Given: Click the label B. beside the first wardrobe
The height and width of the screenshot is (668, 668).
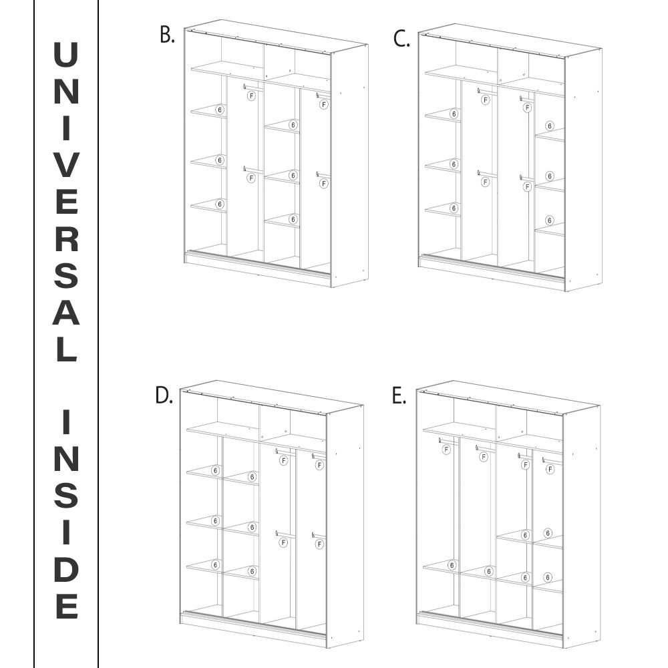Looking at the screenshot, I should [167, 35].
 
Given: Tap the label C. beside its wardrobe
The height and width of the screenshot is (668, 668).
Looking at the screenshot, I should [401, 39].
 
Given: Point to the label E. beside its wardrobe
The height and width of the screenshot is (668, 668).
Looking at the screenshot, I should [399, 395].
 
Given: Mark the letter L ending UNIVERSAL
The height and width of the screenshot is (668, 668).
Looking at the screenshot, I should [66, 349].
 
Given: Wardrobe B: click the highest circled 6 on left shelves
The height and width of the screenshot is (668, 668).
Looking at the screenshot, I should [219, 110].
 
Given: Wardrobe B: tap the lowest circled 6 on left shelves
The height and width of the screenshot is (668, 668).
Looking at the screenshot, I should [219, 203].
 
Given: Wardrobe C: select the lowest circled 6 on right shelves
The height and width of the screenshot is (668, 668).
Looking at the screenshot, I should [549, 220].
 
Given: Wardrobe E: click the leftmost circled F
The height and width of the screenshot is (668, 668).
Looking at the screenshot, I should [446, 450].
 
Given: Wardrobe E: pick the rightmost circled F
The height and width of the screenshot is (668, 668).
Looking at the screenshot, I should [550, 469].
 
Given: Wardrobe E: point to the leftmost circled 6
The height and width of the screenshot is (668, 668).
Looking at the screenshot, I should [452, 566].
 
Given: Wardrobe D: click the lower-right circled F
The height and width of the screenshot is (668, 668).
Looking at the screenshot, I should [319, 544].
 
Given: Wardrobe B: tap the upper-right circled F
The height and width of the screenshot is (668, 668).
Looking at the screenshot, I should [323, 104].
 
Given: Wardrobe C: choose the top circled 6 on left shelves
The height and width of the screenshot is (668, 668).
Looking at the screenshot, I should [454, 114].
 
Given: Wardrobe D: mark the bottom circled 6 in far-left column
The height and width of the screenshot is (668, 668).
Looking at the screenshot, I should [215, 564].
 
